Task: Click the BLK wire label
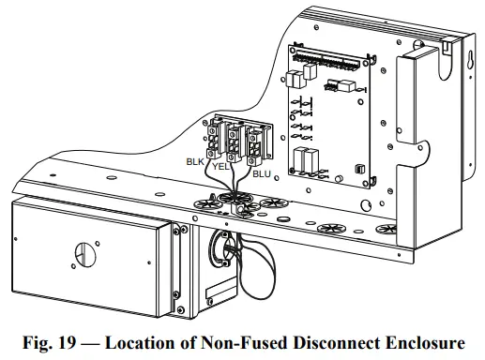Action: click(x=195, y=161)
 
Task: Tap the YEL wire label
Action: click(x=220, y=167)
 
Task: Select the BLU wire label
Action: click(x=262, y=174)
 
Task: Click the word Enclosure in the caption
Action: click(x=425, y=342)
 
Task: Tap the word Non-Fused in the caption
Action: click(x=244, y=342)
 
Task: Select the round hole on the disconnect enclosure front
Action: click(x=85, y=254)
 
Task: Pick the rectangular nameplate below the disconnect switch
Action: click(x=220, y=288)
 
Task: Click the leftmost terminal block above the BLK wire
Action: click(x=214, y=141)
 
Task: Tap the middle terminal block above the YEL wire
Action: click(x=234, y=143)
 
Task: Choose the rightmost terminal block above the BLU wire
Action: click(x=254, y=146)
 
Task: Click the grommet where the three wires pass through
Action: click(x=233, y=198)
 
